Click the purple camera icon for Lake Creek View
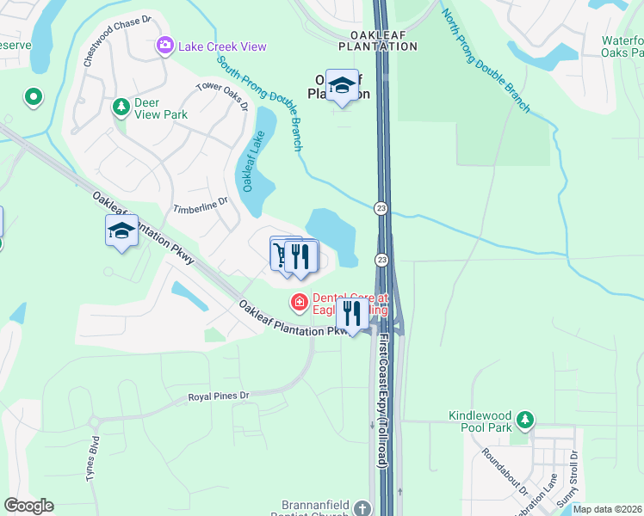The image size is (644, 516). pos(164,46)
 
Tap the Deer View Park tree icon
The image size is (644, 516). pos(121,107)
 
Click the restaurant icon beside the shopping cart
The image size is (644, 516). pos(301,256)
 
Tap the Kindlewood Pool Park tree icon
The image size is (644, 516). pos(523,421)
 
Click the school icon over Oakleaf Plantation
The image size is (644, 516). pos(342,85)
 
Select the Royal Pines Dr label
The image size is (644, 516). pos(219,396)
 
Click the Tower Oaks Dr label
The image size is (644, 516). pos(223,95)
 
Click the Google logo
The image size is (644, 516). pos(28,506)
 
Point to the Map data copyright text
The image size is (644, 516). pos(607,509)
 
